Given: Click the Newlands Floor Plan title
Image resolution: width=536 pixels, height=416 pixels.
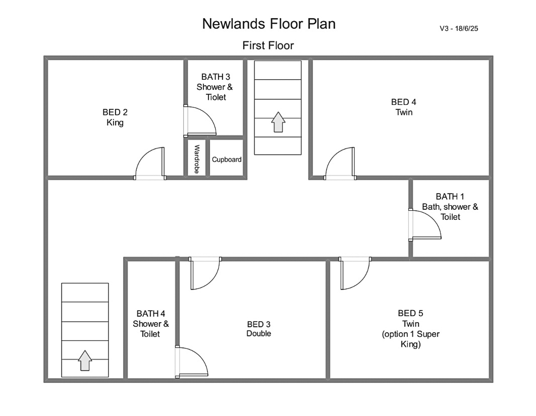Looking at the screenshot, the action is click(x=269, y=24).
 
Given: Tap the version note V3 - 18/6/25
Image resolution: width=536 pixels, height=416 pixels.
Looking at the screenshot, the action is click(x=459, y=29).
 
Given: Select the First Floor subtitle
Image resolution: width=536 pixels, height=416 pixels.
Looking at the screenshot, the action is click(x=268, y=45).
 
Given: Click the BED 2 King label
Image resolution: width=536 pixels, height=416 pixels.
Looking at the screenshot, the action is click(x=115, y=117).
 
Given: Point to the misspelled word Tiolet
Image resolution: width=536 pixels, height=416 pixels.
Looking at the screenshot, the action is click(x=216, y=97).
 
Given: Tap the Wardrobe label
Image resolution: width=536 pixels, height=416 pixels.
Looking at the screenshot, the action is click(x=197, y=159).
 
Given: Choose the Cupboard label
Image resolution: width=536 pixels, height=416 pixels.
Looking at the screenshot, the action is click(x=227, y=159).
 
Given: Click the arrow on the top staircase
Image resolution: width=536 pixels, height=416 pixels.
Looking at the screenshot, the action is click(x=278, y=122).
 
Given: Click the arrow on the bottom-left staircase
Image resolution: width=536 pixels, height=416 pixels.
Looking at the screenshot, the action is click(x=85, y=361).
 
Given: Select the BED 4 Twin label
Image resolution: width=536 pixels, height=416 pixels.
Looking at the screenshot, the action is click(x=404, y=107).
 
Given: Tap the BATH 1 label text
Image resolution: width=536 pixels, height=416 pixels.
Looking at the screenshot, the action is click(x=450, y=207).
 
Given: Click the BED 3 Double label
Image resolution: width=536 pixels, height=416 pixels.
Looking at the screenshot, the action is click(x=259, y=329).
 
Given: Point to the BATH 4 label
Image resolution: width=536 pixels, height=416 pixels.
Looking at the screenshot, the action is click(x=150, y=323).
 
